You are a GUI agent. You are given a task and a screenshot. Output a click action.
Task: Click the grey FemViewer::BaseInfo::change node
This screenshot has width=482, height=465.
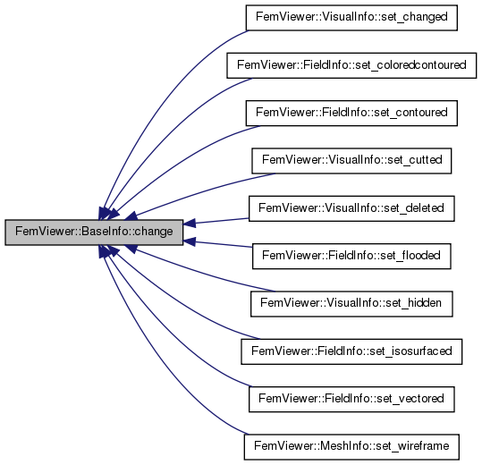coord(94,232)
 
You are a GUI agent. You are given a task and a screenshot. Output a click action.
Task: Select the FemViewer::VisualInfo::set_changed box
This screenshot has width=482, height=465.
coord(351,18)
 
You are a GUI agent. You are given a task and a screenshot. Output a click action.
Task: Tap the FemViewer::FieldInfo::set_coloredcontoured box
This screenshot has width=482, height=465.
coord(351,65)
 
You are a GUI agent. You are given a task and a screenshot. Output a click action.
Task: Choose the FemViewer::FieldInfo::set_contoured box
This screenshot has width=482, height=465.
coord(351,113)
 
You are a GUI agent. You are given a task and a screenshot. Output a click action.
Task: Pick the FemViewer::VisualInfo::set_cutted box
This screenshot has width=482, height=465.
coord(351,161)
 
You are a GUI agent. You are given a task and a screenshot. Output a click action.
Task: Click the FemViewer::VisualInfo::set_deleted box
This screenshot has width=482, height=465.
coord(351,208)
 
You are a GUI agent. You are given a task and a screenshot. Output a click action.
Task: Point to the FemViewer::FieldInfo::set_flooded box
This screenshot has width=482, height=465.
coord(351,257)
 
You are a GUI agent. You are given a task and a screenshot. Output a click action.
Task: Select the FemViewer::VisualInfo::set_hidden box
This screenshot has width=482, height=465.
coord(351,304)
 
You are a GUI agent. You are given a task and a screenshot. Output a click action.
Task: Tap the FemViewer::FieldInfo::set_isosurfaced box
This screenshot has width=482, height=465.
coord(351,352)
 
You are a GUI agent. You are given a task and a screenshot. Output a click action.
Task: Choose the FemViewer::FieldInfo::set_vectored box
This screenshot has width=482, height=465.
coord(351,400)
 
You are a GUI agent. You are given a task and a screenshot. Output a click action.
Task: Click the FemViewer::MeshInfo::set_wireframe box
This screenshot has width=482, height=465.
coord(351,447)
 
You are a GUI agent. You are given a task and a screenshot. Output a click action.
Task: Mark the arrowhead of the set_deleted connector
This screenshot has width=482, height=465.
coord(190,224)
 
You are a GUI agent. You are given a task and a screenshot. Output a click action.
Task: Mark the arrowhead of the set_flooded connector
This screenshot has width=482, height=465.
coord(190,241)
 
